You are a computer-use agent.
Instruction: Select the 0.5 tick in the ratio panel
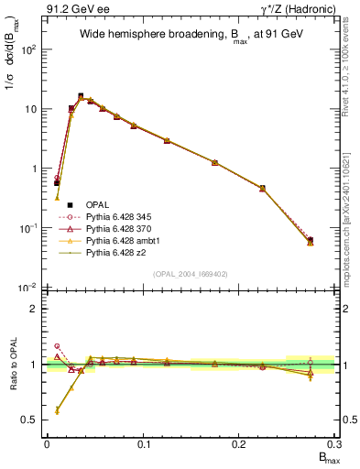pyautogui.click(x=32, y=420)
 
